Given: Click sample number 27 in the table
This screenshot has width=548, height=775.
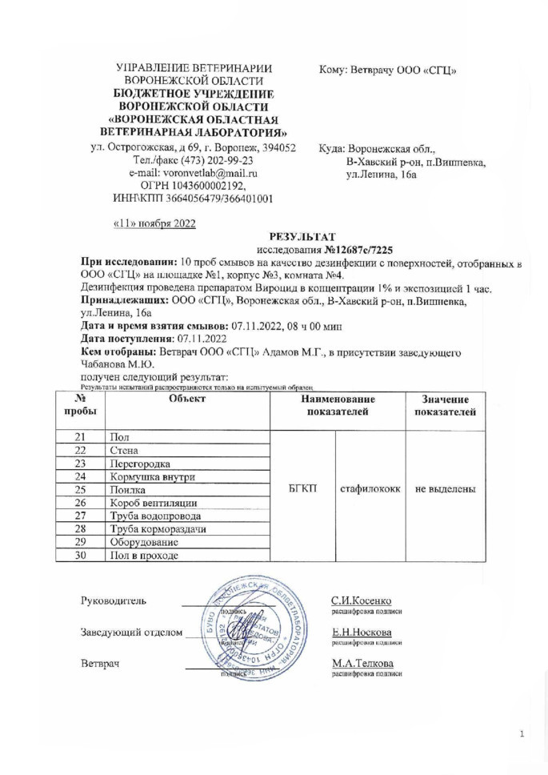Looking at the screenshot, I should pos(80,516).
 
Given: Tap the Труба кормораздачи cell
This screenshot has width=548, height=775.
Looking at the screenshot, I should pos(158,528).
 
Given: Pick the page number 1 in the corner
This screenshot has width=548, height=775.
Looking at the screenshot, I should pos(521,733).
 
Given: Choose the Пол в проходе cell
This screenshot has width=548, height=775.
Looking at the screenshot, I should pos(146,555).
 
